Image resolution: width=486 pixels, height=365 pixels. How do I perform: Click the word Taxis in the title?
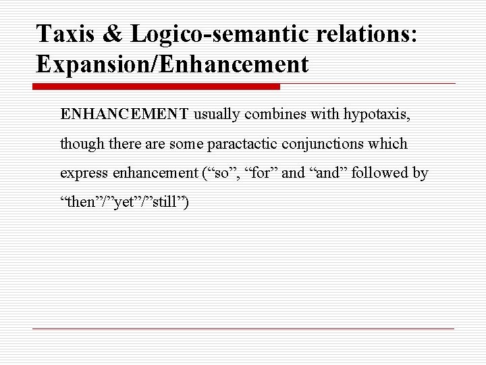tap(62, 33)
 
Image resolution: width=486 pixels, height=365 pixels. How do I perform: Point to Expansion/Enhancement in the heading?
tap(173, 64)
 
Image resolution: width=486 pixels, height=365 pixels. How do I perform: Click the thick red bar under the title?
tap(157, 87)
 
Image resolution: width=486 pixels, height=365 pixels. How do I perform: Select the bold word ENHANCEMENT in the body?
tap(124, 114)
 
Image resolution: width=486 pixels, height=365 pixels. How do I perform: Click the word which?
tap(390, 143)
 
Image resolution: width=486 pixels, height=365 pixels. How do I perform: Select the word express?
tap(81, 174)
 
